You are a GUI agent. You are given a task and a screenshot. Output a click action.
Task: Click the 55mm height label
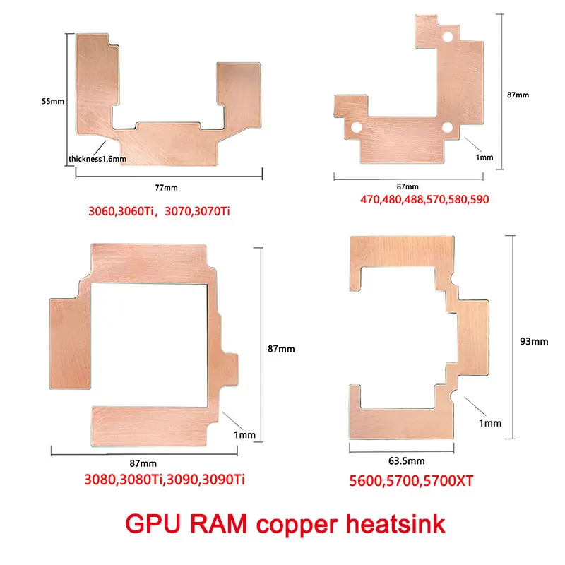[53, 101]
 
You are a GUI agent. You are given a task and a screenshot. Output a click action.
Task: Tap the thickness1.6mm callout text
[97, 159]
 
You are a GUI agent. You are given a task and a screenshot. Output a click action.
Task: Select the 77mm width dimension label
[167, 187]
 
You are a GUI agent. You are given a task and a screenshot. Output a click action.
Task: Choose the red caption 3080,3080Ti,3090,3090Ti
[165, 480]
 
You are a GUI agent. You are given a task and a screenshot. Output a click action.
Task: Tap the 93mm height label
[534, 342]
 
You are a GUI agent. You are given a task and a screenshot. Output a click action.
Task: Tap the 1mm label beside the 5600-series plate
[489, 423]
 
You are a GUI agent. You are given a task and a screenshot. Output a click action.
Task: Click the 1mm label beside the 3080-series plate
[244, 435]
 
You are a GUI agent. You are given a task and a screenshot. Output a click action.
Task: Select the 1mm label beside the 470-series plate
[484, 157]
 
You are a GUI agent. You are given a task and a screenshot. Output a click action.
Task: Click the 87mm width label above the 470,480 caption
[408, 186]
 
